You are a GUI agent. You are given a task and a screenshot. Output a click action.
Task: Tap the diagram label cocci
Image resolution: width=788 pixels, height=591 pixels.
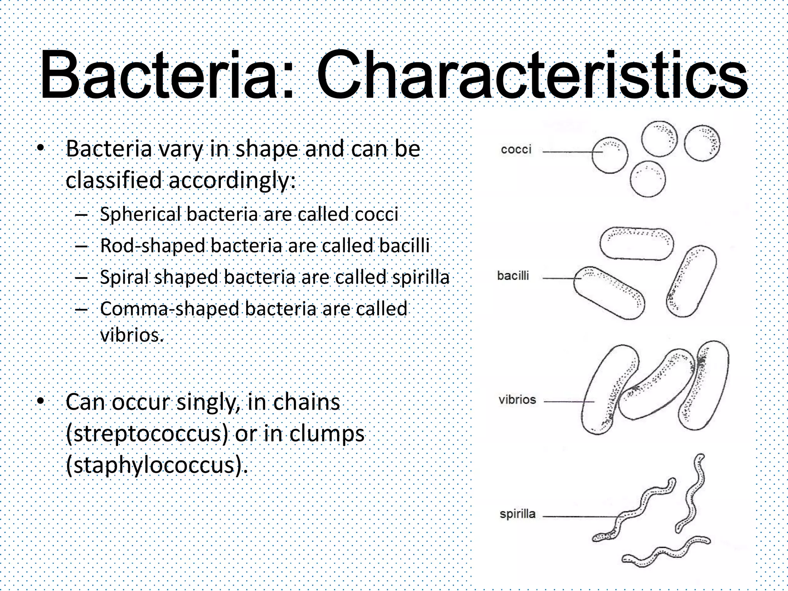pyautogui.click(x=516, y=149)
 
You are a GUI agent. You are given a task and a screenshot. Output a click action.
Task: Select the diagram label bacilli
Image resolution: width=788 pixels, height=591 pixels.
pyautogui.click(x=513, y=275)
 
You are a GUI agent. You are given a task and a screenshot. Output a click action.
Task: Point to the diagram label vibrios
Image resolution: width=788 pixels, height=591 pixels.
pyautogui.click(x=517, y=399)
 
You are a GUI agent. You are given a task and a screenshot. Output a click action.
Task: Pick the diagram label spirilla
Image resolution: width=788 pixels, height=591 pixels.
pyautogui.click(x=517, y=514)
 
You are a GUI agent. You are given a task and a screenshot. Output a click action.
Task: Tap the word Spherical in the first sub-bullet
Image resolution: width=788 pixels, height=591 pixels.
pyautogui.click(x=140, y=214)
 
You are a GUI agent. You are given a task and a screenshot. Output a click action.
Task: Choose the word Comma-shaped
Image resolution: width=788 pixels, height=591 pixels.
pyautogui.click(x=170, y=309)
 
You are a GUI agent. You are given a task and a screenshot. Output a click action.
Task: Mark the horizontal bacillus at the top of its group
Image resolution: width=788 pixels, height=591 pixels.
pyautogui.click(x=637, y=244)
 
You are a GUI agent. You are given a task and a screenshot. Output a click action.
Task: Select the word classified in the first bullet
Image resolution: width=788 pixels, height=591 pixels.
pyautogui.click(x=114, y=180)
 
